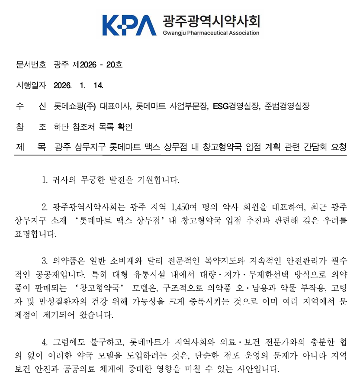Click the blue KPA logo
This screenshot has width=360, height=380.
129,25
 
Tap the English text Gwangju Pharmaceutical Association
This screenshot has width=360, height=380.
211,33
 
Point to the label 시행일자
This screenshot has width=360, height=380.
31,85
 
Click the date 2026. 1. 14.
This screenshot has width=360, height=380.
78,85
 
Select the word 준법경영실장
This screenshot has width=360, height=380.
287,106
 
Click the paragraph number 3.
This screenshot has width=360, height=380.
45,261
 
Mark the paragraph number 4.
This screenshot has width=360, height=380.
45,342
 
